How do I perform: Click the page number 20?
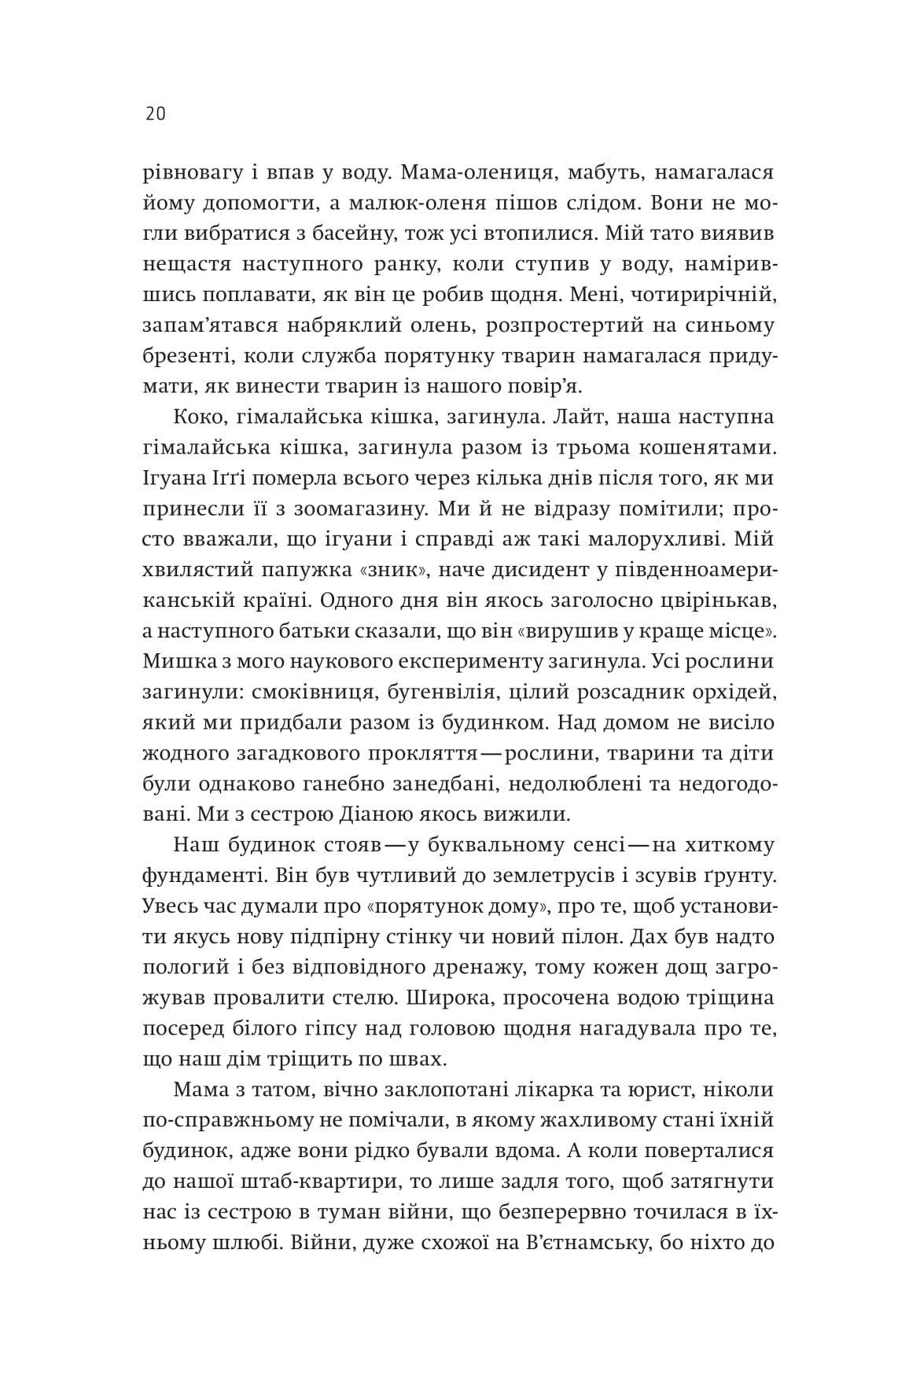coord(154,114)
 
